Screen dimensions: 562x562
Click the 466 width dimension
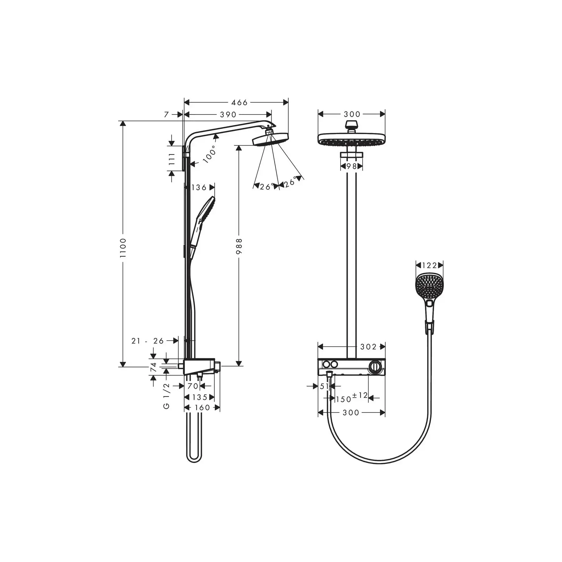tap(239, 102)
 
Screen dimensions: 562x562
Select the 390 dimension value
tap(228, 115)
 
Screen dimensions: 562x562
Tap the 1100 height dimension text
tap(123, 247)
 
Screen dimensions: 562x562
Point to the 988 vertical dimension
tap(239, 246)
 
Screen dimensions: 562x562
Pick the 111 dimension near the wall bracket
tap(172, 159)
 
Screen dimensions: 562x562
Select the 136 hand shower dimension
tap(199, 187)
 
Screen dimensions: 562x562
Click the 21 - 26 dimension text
tap(148, 341)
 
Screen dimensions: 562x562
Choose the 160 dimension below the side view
tap(202, 407)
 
